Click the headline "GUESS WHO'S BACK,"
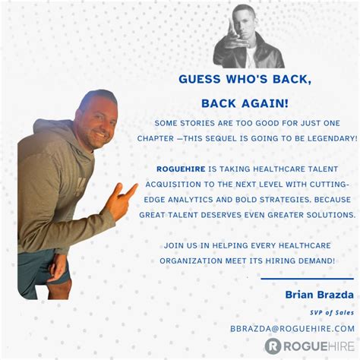[x=246, y=79]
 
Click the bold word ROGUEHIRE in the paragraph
[x=181, y=169]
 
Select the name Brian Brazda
[x=320, y=294]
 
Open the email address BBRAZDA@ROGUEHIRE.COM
[x=292, y=328]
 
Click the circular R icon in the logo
[x=273, y=346]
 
